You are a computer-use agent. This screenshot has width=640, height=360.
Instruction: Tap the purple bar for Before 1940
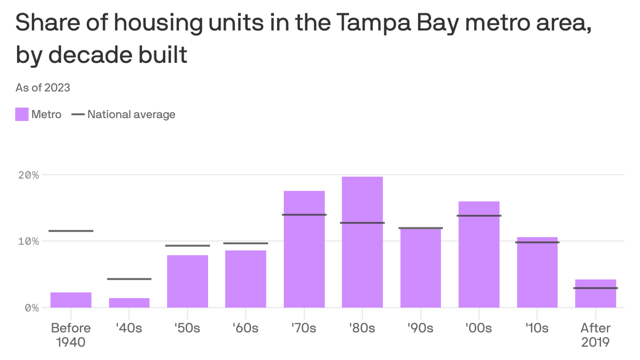pos(71,300)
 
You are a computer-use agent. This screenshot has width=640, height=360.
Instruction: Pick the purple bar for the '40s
pos(129,303)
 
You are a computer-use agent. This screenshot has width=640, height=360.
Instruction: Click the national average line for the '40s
pos(129,279)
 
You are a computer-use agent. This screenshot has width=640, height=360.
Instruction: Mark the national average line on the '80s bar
pos(362,223)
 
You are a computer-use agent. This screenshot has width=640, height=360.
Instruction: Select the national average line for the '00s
pos(479,216)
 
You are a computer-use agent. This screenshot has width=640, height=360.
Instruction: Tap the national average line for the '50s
pos(187,246)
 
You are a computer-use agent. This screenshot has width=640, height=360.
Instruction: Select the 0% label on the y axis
pos(32,308)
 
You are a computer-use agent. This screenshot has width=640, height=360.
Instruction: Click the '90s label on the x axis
pos(420,328)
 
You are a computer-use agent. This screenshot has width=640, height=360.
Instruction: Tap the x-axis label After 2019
pos(595,335)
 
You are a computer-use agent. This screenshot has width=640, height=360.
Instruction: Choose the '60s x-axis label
pos(246,328)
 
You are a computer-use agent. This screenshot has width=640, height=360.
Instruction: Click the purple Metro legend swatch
pos(22,114)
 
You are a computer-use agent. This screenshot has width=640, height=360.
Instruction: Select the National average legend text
pos(131,114)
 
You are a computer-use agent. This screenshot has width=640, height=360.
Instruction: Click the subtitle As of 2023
pos(43,88)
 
